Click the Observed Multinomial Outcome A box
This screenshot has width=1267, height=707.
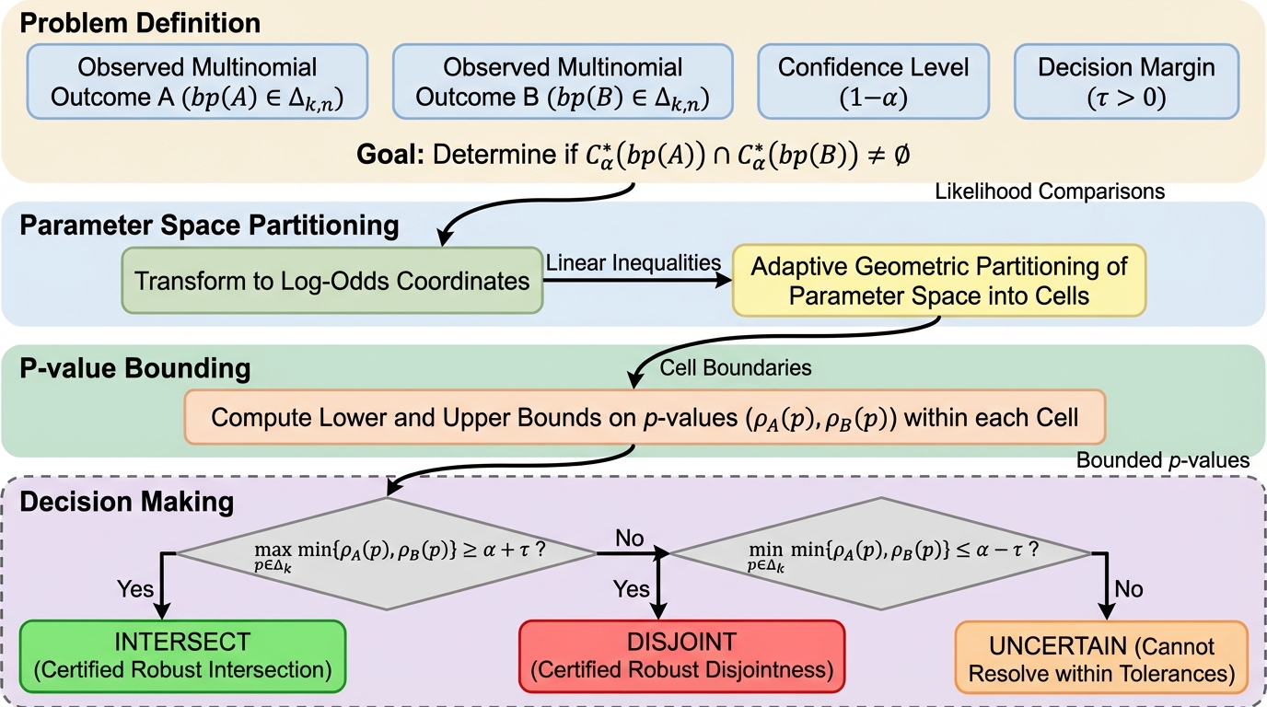(197, 81)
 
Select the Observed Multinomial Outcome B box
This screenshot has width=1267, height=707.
(563, 81)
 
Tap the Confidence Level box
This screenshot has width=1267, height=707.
(873, 81)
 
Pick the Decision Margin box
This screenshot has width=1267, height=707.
(1125, 81)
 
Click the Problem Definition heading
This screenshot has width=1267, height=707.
(140, 22)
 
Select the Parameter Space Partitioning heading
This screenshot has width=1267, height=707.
(209, 226)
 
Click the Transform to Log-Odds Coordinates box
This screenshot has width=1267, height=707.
(332, 280)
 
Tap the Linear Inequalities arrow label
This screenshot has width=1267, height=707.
(633, 262)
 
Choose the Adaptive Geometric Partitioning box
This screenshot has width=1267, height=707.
(939, 281)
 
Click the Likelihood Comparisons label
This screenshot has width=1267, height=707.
(1050, 191)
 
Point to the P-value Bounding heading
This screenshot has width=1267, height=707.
(134, 368)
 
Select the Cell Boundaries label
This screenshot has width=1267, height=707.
(736, 367)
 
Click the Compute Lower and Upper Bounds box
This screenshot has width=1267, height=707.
(645, 418)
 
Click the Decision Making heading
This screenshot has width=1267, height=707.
(126, 503)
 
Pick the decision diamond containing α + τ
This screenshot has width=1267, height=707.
(386, 554)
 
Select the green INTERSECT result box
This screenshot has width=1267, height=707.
(182, 656)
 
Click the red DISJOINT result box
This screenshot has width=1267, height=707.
(681, 656)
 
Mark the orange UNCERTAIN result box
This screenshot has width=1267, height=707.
(1101, 658)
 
